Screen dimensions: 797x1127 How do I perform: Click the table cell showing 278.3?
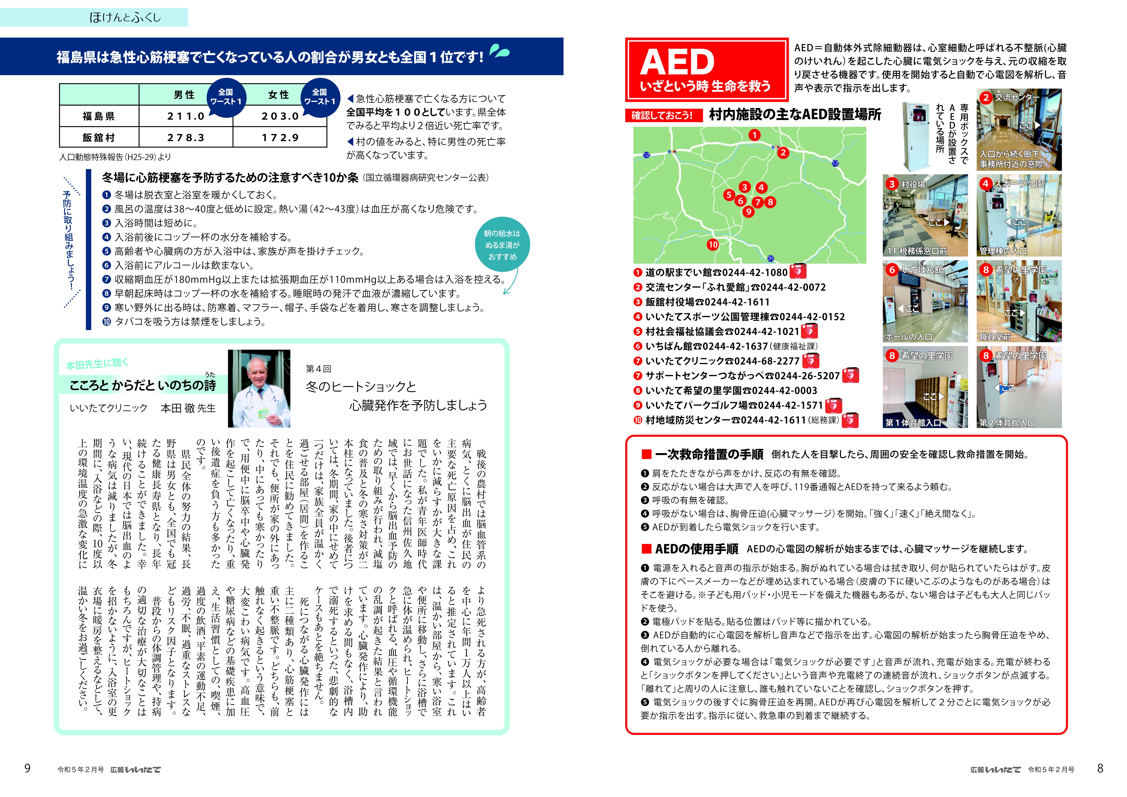pyautogui.click(x=186, y=137)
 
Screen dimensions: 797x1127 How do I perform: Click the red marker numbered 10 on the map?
pyautogui.click(x=713, y=244)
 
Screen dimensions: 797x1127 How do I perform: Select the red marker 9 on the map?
pyautogui.click(x=748, y=211)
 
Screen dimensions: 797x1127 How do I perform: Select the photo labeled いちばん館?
pyautogui.click(x=925, y=301)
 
